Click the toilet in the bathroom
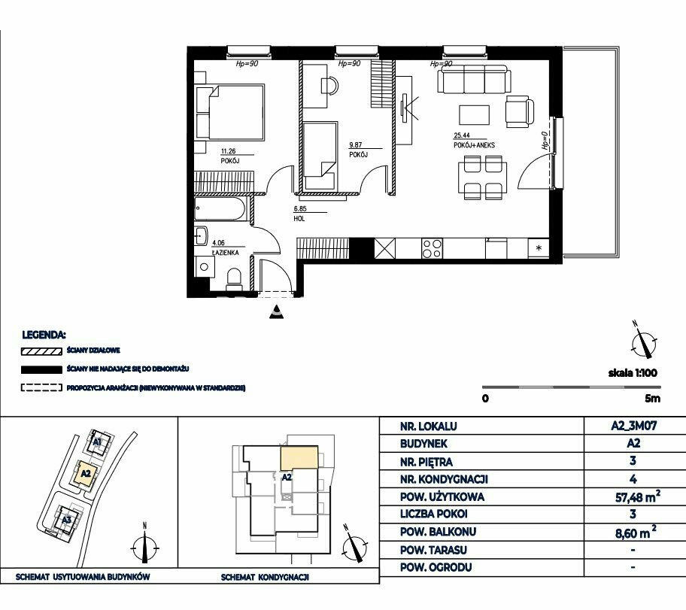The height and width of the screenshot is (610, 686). coord(235,279)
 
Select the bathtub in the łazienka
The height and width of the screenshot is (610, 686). coord(220,209)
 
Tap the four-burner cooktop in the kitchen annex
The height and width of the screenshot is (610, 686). coord(432,248)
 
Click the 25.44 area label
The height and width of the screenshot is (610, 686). coord(462,135)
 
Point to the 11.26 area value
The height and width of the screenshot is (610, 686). coord(229,151)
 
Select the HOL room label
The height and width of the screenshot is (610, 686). coord(299,218)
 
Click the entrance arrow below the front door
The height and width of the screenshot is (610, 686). coord(277,311)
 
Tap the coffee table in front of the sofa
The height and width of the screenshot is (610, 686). coord(474,114)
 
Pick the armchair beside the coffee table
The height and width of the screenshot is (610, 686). coord(519,111)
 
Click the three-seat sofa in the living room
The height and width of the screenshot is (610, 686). coord(474,79)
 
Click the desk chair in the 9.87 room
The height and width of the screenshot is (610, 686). coord(329,85)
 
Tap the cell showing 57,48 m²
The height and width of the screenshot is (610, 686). coord(637,496)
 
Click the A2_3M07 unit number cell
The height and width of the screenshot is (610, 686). coord(634,425)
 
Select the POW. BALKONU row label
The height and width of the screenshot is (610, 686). coord(438,532)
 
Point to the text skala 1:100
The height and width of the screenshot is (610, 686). coord(633,373)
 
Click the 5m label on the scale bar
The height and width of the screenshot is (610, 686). coord(652,398)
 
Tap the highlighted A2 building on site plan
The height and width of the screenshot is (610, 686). coord(86,473)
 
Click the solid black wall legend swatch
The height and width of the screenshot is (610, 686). coord(41,370)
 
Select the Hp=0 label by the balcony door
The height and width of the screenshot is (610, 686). coord(545,141)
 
